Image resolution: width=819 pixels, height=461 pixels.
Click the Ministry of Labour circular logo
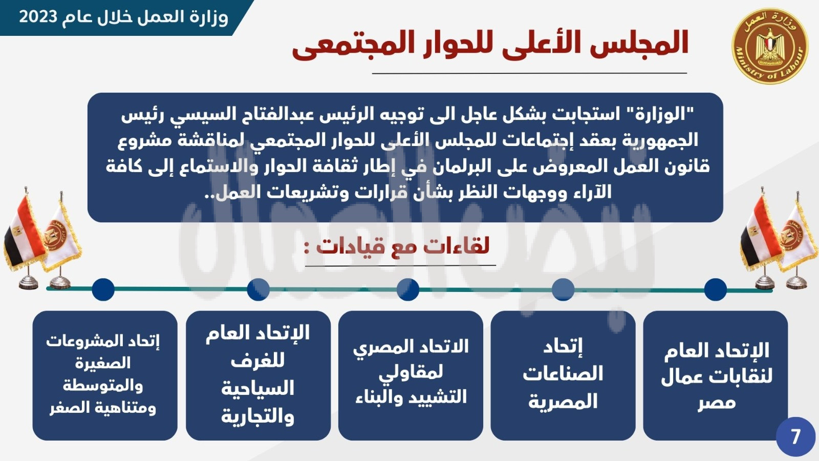coord(769,46)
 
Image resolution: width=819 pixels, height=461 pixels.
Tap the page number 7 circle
coord(795,437)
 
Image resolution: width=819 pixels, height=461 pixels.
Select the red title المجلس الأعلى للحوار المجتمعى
coord(490,44)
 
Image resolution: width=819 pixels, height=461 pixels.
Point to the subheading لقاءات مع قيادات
coord(403,246)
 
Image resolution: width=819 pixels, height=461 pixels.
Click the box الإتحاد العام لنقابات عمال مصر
coord(716,376)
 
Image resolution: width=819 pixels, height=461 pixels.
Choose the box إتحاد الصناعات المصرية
coord(563,376)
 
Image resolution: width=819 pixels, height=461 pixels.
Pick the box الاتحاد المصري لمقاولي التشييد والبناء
coord(411,376)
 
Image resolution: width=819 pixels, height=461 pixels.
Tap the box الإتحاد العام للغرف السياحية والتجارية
coord(258,376)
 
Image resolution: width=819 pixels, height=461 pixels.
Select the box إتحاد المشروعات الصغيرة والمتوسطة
coord(105,376)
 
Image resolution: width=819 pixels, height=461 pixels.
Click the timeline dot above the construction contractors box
coord(407,289)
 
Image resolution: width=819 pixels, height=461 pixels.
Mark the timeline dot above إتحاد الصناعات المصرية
coord(563,289)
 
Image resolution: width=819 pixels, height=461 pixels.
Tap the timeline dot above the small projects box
coord(103,289)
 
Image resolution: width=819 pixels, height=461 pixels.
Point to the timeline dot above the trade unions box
coord(716,289)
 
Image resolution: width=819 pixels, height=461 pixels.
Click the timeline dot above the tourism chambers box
coord(258,289)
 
